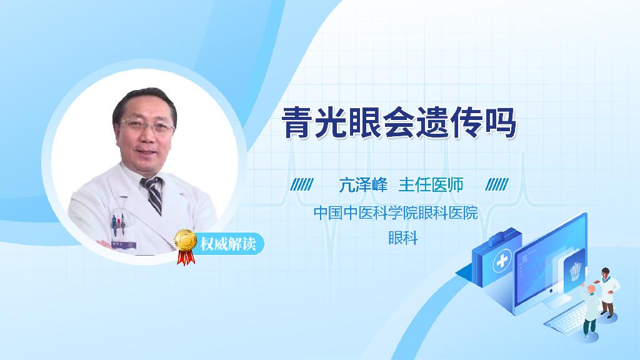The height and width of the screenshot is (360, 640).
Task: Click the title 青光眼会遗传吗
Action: click(x=399, y=122)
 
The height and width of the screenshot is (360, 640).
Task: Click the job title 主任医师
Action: click(x=431, y=184)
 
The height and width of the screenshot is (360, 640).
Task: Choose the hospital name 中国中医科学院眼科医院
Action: click(x=396, y=212)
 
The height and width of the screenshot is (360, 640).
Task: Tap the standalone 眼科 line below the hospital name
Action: click(x=402, y=238)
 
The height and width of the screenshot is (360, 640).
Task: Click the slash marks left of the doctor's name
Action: click(x=302, y=184)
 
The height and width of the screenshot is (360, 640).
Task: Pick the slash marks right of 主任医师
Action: click(x=497, y=184)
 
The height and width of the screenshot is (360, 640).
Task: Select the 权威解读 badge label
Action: click(x=227, y=243)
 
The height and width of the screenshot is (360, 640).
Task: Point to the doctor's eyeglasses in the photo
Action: click(x=147, y=125)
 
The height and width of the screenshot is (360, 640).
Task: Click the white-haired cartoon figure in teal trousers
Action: click(x=589, y=309)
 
